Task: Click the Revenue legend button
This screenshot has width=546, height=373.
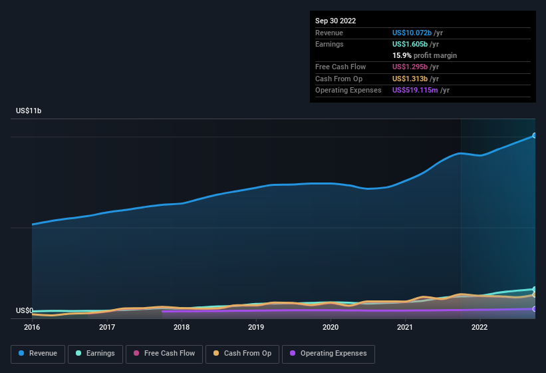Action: [38, 354]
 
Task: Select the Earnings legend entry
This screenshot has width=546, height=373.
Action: [94, 354]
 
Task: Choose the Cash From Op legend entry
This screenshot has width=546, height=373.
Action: [242, 354]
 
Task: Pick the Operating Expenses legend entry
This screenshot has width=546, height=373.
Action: [328, 354]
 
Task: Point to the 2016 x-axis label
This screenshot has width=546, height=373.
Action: [32, 327]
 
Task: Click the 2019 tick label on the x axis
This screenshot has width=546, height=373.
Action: [256, 327]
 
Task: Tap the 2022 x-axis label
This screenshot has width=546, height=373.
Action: [479, 327]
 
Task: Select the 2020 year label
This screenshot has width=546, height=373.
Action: [331, 327]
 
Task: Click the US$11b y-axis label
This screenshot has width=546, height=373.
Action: [29, 111]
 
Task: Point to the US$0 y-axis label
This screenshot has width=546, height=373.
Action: [25, 310]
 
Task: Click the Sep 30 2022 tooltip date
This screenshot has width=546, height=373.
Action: [335, 21]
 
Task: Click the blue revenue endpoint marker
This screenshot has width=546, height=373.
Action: [534, 135]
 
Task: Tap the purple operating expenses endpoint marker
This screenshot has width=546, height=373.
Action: [534, 308]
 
